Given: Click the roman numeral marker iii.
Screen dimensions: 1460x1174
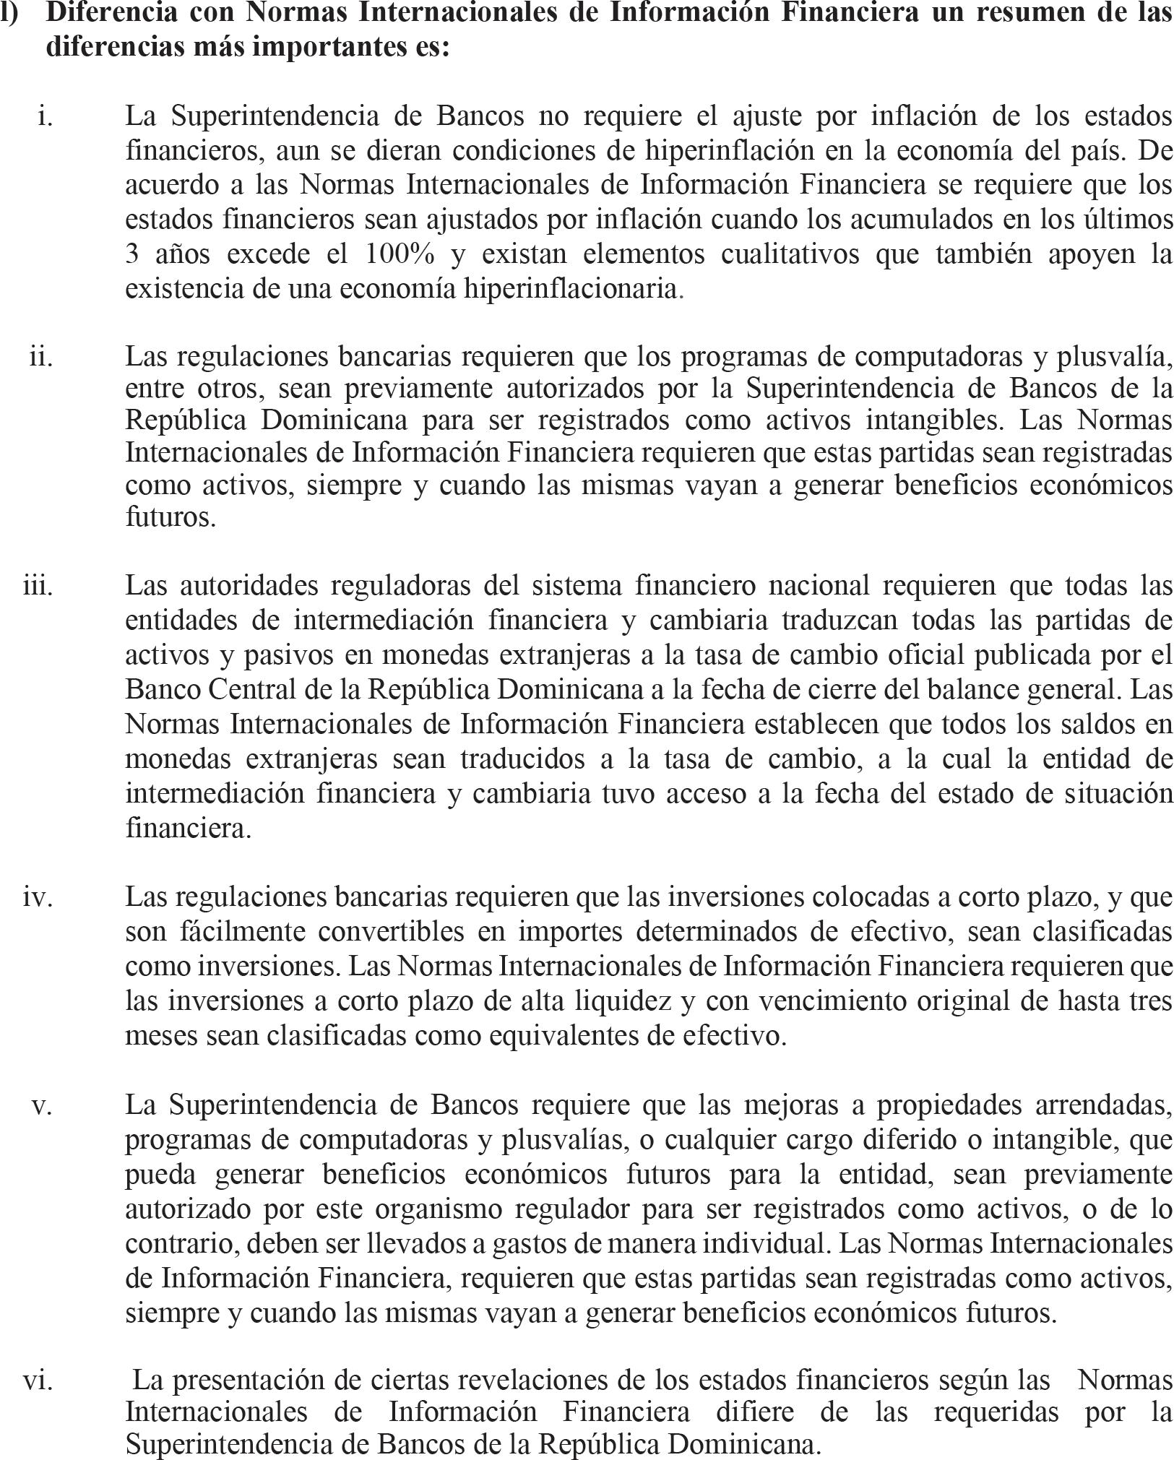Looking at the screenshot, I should (x=38, y=585).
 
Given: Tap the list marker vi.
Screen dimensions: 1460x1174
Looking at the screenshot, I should (x=38, y=1380).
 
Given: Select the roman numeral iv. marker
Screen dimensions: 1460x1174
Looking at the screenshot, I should (x=38, y=897).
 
